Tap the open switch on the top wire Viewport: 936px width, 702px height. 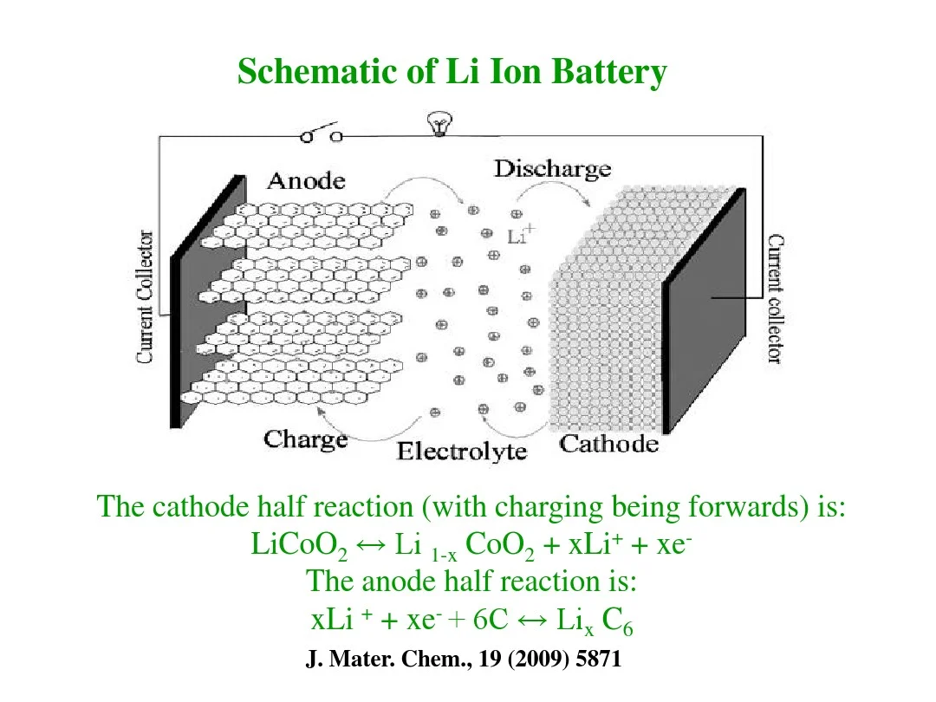tap(321, 134)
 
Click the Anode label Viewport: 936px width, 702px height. tap(306, 181)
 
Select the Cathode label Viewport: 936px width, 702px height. tap(608, 445)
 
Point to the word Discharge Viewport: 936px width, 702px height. tap(552, 169)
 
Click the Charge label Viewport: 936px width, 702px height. tap(305, 439)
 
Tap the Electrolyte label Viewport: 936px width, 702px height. tap(461, 452)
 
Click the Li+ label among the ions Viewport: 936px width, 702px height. tap(521, 233)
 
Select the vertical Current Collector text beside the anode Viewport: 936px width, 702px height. tap(146, 296)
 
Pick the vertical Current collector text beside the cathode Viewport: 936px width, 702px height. tap(776, 299)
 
